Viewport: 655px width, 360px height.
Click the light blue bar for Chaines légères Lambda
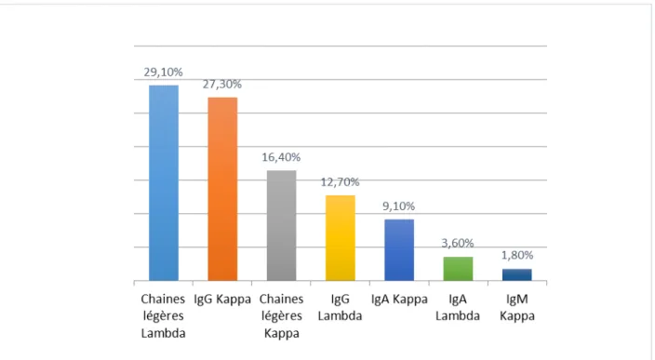tap(164, 183)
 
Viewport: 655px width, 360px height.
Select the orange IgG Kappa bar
tap(222, 189)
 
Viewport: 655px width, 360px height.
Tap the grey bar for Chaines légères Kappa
tap(282, 225)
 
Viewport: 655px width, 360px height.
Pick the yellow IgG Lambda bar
tap(341, 238)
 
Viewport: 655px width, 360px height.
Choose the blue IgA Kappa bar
tap(399, 250)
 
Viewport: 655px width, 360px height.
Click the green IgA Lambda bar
tap(459, 269)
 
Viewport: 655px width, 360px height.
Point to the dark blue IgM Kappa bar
tap(517, 274)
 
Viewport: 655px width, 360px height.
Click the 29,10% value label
tap(164, 73)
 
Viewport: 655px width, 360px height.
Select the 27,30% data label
tap(222, 85)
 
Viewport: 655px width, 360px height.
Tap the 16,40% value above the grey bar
tap(281, 157)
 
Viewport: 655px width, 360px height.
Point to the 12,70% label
tap(340, 182)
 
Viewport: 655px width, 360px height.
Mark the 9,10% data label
tap(399, 207)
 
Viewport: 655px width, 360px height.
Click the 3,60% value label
tap(458, 243)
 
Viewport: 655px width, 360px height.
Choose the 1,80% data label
tap(517, 255)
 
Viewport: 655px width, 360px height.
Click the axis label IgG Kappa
tap(222, 300)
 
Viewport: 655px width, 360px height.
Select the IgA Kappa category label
tap(399, 300)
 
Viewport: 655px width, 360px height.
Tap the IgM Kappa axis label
tap(517, 307)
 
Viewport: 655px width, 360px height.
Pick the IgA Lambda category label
tap(458, 307)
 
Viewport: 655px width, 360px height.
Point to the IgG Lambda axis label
tap(340, 307)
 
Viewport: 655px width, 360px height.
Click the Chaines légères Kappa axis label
tap(282, 316)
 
